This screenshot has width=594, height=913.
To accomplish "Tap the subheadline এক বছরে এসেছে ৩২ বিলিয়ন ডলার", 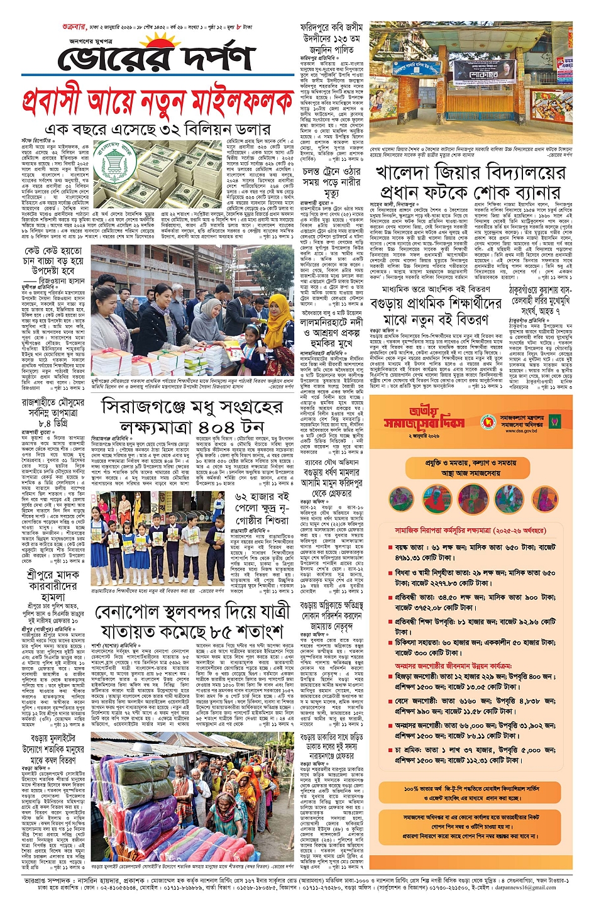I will click(x=161, y=130).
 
